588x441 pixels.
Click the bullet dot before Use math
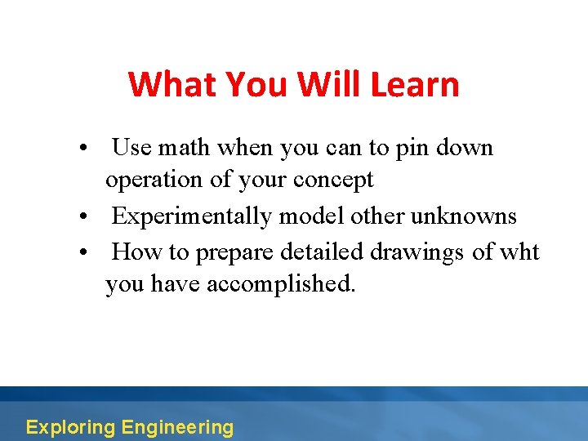click(84, 149)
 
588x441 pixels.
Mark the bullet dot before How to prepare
click(84, 253)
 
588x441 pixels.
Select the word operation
click(154, 180)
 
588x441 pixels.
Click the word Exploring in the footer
click(70, 427)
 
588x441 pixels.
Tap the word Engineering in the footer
click(176, 427)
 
